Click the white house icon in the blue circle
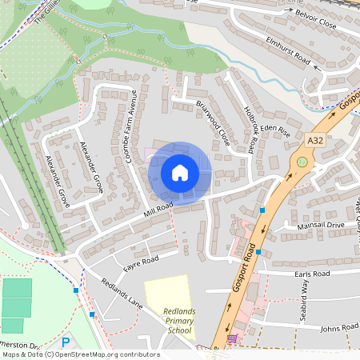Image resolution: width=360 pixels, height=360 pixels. point(179,172)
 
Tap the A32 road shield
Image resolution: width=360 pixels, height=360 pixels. point(315,140)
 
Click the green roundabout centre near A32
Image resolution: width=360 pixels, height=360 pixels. point(302,162)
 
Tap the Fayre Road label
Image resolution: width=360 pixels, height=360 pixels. point(141,260)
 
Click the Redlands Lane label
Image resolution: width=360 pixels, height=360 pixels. point(122,294)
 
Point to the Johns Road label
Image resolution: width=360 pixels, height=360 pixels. point(338,328)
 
